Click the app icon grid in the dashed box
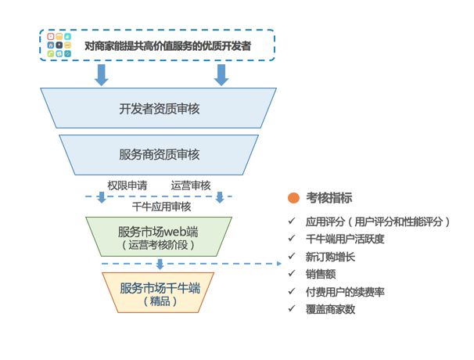pos(59,45)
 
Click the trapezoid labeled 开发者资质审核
pos(159,108)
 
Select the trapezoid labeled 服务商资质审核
pos(159,155)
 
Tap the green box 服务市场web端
pos(159,236)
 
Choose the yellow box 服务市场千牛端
pos(158,293)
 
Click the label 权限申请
pos(127,185)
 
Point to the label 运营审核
pos(191,185)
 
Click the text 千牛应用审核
pos(161,207)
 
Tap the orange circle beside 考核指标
pos(293,198)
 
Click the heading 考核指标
pos(329,198)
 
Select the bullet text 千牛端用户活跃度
pos(345,239)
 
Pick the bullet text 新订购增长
pos(330,257)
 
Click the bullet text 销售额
pos(321,274)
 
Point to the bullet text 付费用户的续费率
pos(345,292)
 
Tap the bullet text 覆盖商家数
pos(330,309)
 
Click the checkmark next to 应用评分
pos(292,221)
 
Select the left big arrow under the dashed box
pos(101,75)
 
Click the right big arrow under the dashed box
pos(221,75)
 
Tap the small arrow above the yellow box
pos(160,264)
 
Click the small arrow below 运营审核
pos(220,197)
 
